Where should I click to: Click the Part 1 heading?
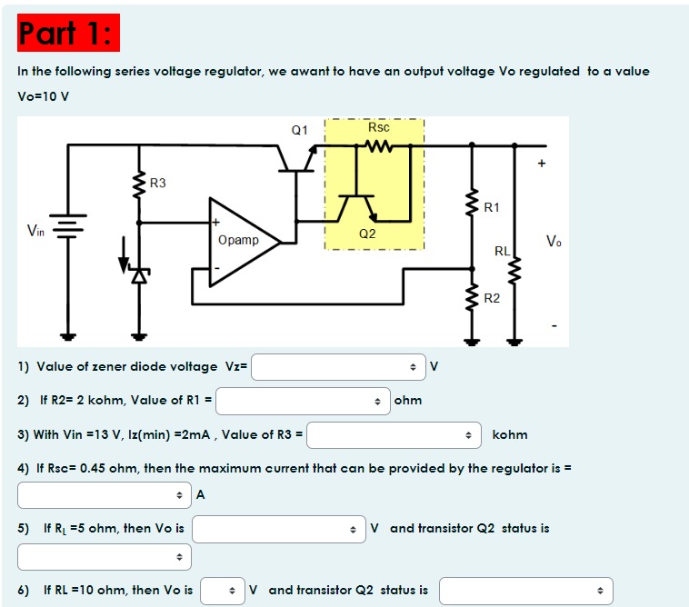click(x=67, y=34)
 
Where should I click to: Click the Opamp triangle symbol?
click(x=243, y=241)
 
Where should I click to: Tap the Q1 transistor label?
click(x=299, y=130)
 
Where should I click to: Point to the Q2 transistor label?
click(x=367, y=234)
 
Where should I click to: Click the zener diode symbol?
click(x=139, y=272)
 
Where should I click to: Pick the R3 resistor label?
click(x=158, y=183)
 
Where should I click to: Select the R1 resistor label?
click(x=492, y=207)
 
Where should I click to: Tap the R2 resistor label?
click(x=492, y=298)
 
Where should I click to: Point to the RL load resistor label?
click(x=502, y=250)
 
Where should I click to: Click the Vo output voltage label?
click(x=554, y=241)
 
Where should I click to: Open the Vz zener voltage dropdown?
click(x=338, y=367)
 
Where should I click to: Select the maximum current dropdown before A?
click(x=105, y=495)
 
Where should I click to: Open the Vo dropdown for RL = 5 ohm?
click(x=279, y=529)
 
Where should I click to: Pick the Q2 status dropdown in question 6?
click(x=526, y=591)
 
